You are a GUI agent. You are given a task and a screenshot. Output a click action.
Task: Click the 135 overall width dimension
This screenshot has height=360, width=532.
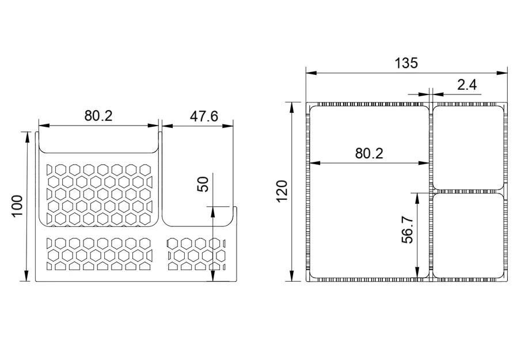click(x=406, y=63)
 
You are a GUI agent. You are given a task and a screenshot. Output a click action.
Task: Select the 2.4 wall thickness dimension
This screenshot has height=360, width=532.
click(x=466, y=85)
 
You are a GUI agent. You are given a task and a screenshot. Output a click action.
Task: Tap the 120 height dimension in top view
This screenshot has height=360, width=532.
click(x=282, y=191)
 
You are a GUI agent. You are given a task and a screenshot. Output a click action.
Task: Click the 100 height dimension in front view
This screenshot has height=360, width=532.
click(x=17, y=206)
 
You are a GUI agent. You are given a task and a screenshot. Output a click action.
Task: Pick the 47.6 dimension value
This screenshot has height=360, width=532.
click(x=204, y=116)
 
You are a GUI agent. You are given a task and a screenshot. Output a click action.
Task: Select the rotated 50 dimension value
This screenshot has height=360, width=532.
click(x=203, y=184)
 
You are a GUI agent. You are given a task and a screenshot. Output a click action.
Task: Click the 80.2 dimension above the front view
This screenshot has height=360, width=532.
click(x=98, y=116)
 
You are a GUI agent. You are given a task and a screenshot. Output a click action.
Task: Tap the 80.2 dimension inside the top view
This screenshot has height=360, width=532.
click(x=369, y=153)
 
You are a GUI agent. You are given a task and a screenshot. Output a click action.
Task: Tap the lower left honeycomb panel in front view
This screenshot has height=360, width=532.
click(x=98, y=253)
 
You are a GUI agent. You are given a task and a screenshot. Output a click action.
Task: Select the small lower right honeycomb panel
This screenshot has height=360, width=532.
click(x=195, y=253)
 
